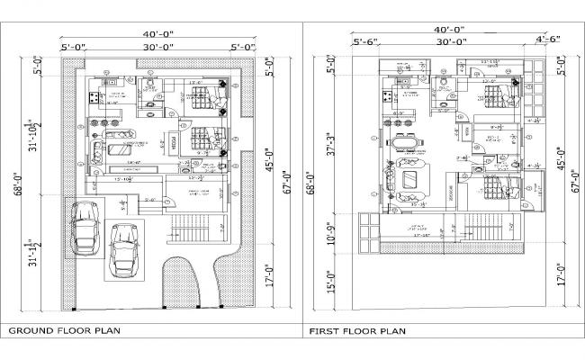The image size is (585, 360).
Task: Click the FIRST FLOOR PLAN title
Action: pyautogui.click(x=357, y=331)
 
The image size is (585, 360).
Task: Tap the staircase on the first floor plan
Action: pyautogui.click(x=489, y=230)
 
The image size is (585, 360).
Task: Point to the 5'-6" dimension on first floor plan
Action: pyautogui.click(x=367, y=41)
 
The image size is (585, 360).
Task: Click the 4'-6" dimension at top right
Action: pyautogui.click(x=546, y=39)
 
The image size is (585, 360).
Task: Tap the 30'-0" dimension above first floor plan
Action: pyautogui.click(x=451, y=41)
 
